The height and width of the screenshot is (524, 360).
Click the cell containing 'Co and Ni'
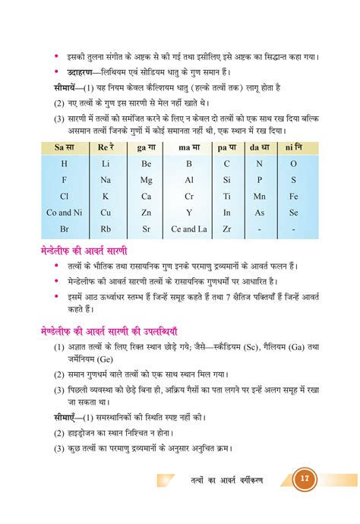tap(64, 213)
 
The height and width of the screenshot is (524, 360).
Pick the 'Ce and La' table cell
tap(189, 229)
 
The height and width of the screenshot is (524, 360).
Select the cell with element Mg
tap(147, 180)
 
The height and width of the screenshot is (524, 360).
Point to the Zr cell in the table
tap(226, 229)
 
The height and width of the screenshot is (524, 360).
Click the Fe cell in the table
tap(293, 196)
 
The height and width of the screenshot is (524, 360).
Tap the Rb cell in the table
tap(106, 229)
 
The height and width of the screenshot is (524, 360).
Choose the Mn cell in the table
tap(259, 196)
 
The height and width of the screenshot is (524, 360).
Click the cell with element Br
tap(64, 229)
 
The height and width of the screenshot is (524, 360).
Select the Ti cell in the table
tap(226, 196)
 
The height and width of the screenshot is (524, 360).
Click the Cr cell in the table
tap(189, 196)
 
